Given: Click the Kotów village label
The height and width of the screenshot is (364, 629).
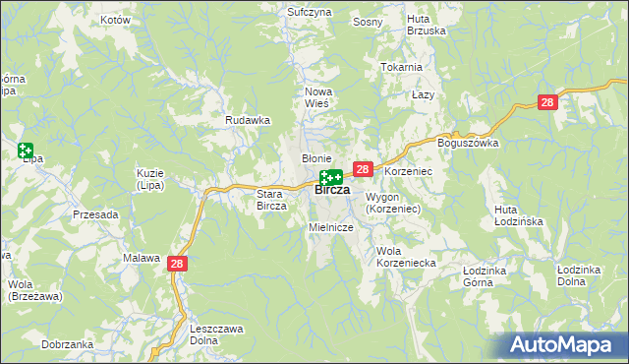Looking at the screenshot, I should (115, 20).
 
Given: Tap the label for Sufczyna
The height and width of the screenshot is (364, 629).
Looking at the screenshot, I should (309, 12).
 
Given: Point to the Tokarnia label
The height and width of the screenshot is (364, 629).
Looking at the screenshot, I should (401, 67).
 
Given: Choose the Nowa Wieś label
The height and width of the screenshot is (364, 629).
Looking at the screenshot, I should (316, 97).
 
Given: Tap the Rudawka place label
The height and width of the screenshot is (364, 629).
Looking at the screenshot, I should (248, 120).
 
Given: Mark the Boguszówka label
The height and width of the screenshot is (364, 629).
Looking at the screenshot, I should (469, 143).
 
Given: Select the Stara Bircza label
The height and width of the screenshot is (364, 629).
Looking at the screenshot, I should (270, 200).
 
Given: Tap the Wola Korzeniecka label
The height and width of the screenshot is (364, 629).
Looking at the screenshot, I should (406, 256).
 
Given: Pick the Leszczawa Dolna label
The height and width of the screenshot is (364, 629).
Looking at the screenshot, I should (217, 334).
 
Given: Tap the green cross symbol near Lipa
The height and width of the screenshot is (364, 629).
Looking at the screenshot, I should (25, 151).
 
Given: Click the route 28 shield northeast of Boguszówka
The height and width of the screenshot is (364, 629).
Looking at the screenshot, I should (548, 101).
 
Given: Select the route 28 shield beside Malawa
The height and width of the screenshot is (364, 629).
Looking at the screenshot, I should (177, 263).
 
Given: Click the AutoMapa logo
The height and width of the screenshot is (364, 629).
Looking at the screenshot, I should (564, 345).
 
